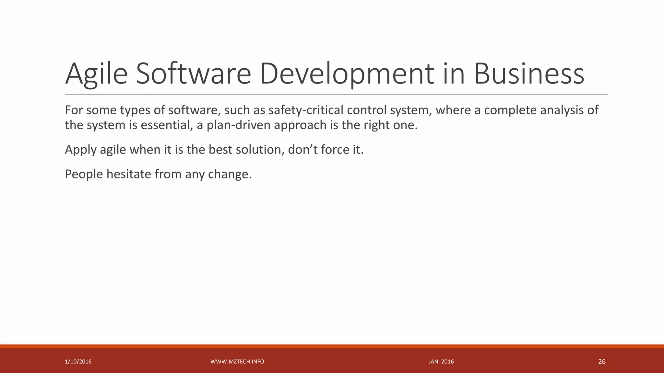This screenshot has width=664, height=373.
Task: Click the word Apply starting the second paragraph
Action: (80, 150)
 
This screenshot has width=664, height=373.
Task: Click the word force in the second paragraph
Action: (331, 150)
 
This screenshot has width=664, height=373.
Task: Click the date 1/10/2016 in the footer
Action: (78, 362)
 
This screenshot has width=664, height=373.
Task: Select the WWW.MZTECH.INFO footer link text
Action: (237, 362)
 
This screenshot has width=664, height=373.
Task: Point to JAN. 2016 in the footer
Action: (441, 362)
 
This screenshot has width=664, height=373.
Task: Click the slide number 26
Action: (601, 362)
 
